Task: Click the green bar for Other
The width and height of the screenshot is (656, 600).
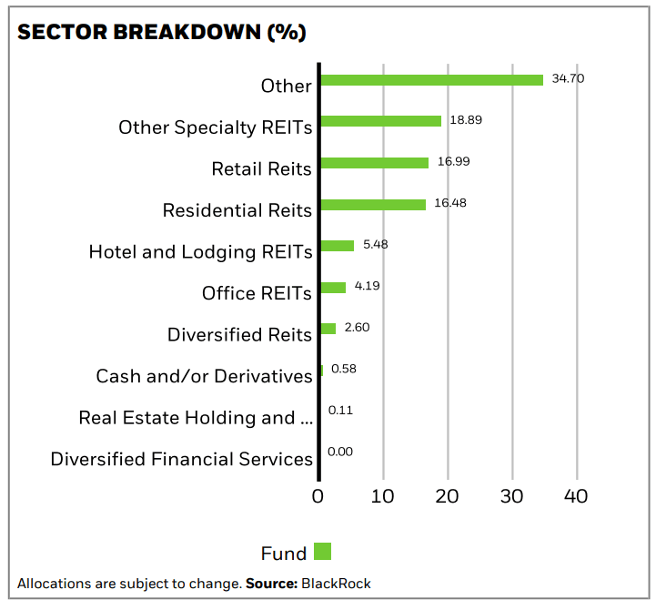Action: [x=431, y=80]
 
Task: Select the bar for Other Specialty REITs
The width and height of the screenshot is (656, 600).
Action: [x=380, y=121]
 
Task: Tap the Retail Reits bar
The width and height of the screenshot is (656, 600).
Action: [x=374, y=163]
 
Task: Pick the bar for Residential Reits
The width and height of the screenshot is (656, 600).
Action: [x=373, y=205]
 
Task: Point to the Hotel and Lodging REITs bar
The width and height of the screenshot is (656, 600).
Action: [x=337, y=246]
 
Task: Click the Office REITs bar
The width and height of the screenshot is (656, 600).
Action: [x=333, y=288]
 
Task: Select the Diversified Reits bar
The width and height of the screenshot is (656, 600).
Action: [x=328, y=329]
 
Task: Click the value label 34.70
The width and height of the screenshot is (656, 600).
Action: [x=568, y=78]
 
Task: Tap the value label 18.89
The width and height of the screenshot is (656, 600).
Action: [x=465, y=119]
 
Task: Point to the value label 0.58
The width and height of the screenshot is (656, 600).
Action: [x=343, y=369]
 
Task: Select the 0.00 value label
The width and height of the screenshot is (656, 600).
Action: [x=339, y=452]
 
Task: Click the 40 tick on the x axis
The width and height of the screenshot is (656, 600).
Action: [x=576, y=496]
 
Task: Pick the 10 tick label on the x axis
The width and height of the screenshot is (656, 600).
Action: [x=383, y=496]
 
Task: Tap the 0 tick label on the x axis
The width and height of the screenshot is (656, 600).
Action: [x=318, y=496]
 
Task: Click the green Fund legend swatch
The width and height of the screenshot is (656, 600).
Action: [x=322, y=551]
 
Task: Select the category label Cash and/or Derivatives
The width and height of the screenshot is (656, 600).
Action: [x=204, y=376]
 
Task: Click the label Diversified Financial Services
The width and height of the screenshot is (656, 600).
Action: [x=181, y=459]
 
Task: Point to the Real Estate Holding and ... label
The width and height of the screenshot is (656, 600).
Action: [x=196, y=418]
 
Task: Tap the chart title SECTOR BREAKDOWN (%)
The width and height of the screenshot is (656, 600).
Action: [x=162, y=32]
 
